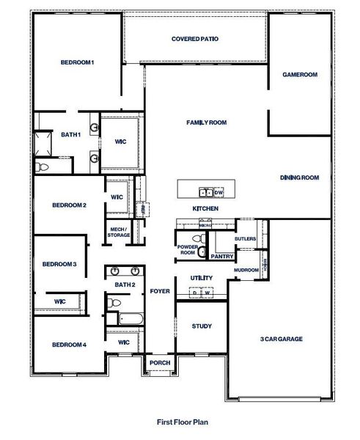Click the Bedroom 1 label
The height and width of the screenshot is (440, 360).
coord(77,63)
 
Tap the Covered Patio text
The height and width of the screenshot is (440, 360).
coord(194,39)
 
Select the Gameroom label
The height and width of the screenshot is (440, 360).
coord(300,74)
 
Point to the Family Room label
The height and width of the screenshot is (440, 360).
coord(206,122)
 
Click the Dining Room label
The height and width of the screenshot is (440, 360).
coord(300,177)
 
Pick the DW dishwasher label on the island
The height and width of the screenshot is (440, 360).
coord(219,192)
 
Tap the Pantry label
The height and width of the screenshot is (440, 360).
coord(221,257)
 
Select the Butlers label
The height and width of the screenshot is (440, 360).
coord(244,239)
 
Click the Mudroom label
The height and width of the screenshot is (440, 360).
coord(246,270)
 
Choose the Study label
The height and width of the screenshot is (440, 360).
coord(202,326)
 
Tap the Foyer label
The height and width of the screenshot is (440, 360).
coord(159,290)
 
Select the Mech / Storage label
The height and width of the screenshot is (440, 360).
coord(118,232)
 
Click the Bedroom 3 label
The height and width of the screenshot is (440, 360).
coord(59,264)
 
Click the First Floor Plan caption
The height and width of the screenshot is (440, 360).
coord(180,422)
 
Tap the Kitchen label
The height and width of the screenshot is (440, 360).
coord(205,209)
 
